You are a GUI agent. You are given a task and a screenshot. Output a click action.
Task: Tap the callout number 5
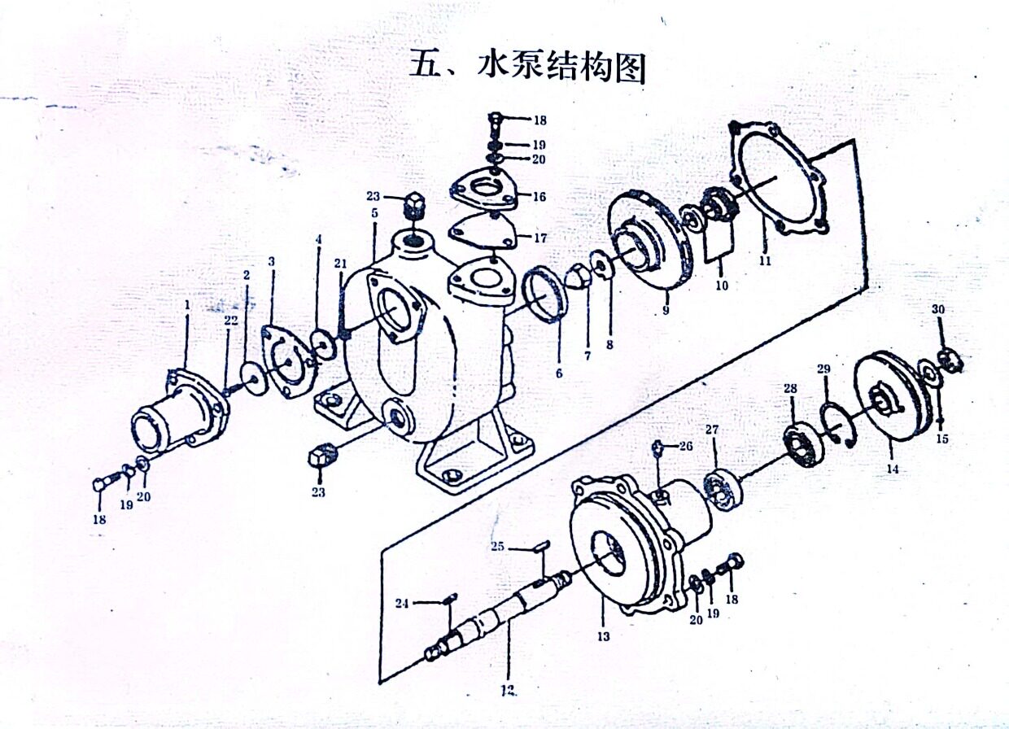(373, 213)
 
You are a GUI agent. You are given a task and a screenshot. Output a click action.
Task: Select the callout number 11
(765, 260)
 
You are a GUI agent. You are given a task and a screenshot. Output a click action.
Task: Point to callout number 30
(939, 310)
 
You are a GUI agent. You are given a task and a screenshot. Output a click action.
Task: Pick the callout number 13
(603, 635)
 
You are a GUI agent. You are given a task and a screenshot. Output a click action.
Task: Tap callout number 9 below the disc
(665, 309)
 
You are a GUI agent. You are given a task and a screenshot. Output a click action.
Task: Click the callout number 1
(186, 304)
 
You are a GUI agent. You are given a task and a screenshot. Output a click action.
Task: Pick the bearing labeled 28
(801, 444)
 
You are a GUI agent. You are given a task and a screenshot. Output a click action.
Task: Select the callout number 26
(685, 446)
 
